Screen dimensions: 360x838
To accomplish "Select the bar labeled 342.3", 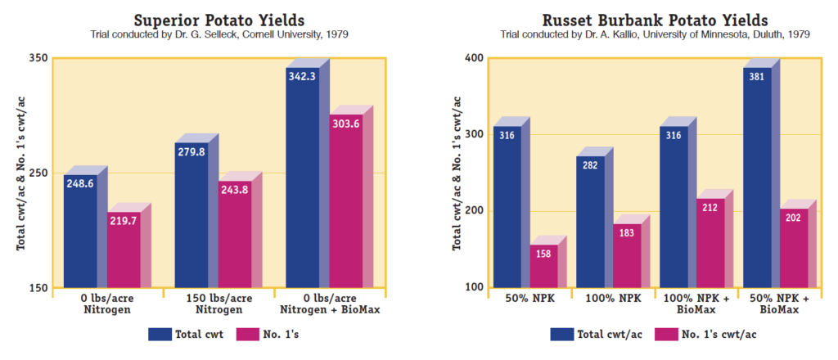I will click(x=302, y=180).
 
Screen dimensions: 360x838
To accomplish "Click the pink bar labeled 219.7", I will click(x=124, y=250).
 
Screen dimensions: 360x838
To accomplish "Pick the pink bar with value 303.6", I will click(x=345, y=200).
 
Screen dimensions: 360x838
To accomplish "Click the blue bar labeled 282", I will click(x=591, y=221).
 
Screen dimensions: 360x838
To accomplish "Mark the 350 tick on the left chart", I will click(x=38, y=59).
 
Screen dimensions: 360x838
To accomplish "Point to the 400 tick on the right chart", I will click(x=475, y=59).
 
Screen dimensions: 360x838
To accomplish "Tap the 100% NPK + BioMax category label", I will click(x=698, y=304).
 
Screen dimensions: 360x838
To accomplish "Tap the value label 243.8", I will click(x=234, y=191).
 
